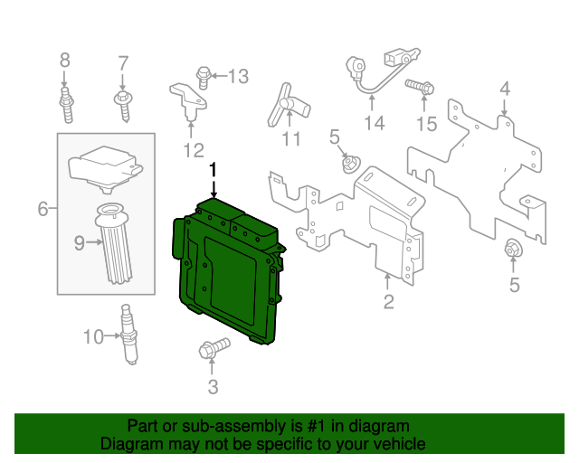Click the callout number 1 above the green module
point(214,170)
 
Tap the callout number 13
point(239,77)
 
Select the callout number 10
point(93,336)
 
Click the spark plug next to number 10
point(128,335)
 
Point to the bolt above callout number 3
point(214,348)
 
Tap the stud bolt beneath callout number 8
point(66,105)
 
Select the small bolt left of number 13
point(203,78)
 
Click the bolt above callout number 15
point(420,87)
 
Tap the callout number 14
point(374,123)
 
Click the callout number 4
point(505,89)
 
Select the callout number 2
point(388,302)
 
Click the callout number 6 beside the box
point(43,209)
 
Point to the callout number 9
point(80,243)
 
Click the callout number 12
point(194,150)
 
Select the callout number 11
point(291,139)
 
